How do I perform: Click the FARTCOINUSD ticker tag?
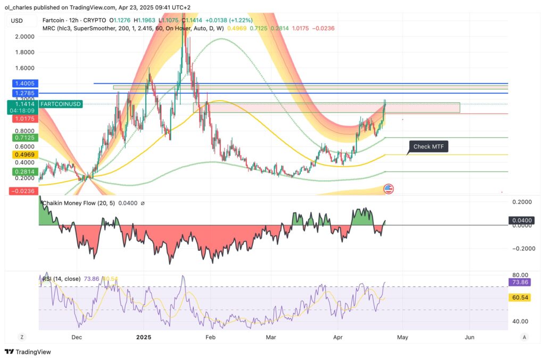coord(61,104)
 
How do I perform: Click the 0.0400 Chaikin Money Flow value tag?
coord(519,220)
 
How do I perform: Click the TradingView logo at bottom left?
coord(27,352)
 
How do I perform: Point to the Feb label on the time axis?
coord(210,337)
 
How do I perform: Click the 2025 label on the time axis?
coord(144,337)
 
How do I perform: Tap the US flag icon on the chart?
coord(389,189)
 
